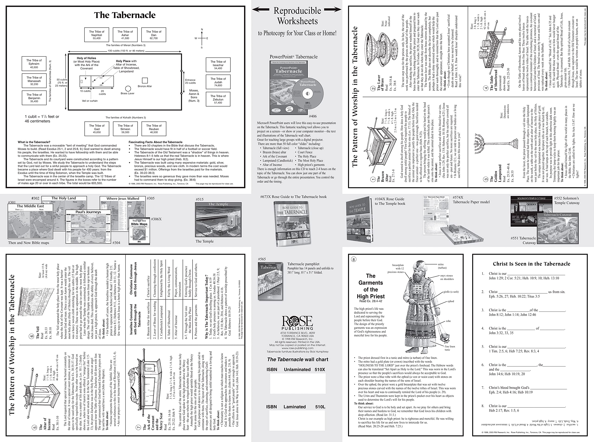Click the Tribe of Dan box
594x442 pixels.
(x=154, y=35)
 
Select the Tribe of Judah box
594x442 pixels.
(x=218, y=82)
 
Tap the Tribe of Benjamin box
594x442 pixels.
(x=34, y=98)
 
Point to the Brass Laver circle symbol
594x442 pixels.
(x=128, y=89)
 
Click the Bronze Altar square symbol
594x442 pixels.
(x=145, y=80)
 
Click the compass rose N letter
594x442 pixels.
(x=202, y=29)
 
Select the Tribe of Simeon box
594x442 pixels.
(x=125, y=129)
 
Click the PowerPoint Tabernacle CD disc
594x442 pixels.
(x=308, y=94)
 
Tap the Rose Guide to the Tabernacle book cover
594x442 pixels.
(x=292, y=223)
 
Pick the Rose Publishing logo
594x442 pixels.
(x=297, y=323)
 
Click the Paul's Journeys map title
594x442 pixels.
(x=88, y=212)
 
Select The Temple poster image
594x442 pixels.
(x=218, y=219)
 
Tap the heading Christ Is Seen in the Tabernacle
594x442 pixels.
(x=531, y=264)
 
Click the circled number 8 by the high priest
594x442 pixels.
(x=354, y=259)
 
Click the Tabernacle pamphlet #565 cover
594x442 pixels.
(x=270, y=281)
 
